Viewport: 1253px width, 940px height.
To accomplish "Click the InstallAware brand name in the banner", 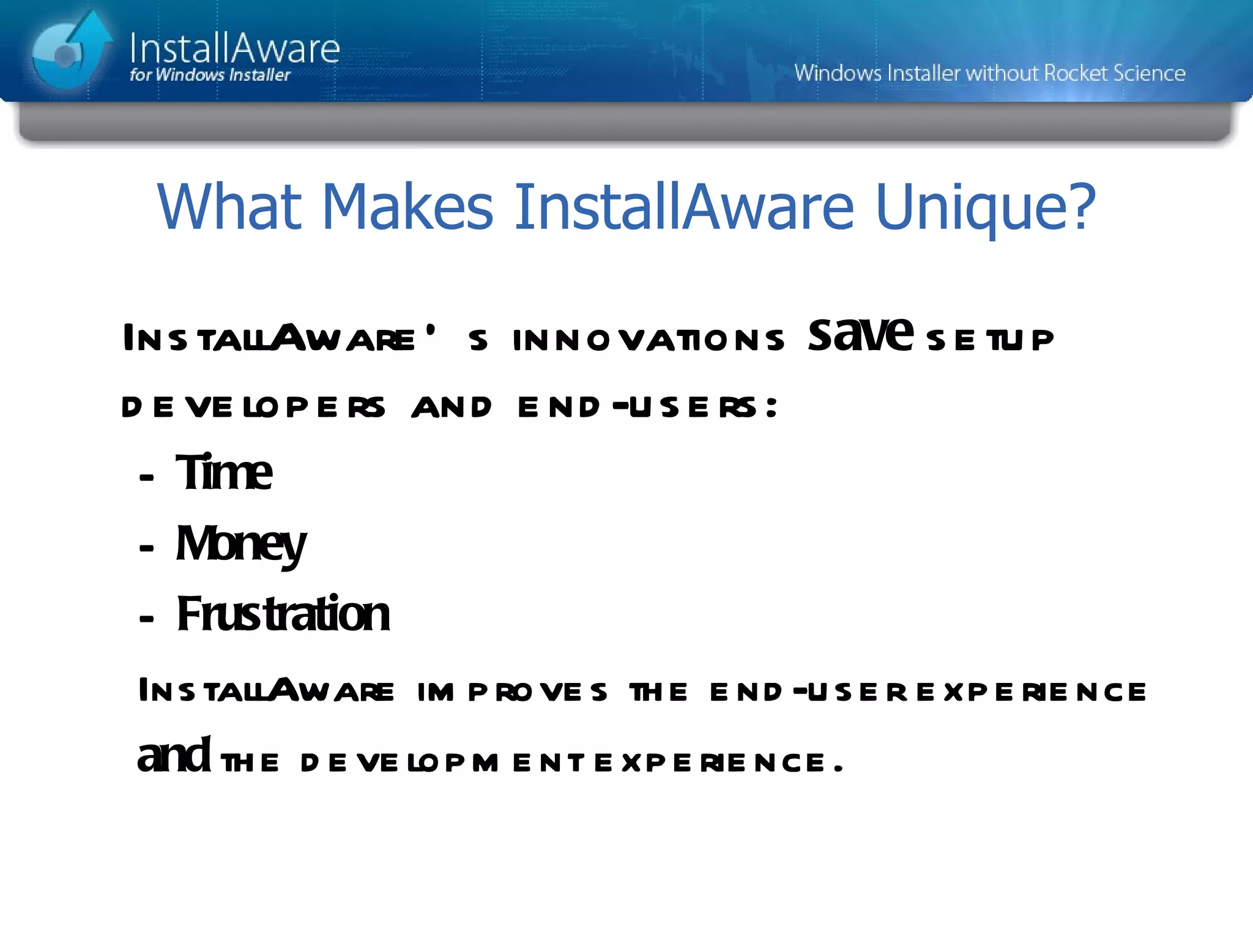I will (x=234, y=48).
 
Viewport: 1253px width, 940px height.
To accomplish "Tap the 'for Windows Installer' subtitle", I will (x=210, y=75).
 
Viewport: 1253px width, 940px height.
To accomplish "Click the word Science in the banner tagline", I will (x=1149, y=73).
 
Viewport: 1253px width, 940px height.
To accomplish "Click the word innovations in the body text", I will (x=648, y=340).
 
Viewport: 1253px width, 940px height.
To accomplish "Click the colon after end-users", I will (x=772, y=407).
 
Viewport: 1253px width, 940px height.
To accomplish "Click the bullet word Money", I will (x=240, y=544).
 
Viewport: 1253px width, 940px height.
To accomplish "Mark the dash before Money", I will (x=146, y=547).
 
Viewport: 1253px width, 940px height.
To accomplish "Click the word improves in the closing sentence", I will (x=512, y=692).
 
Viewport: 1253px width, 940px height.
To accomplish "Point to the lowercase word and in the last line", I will (x=174, y=756).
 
